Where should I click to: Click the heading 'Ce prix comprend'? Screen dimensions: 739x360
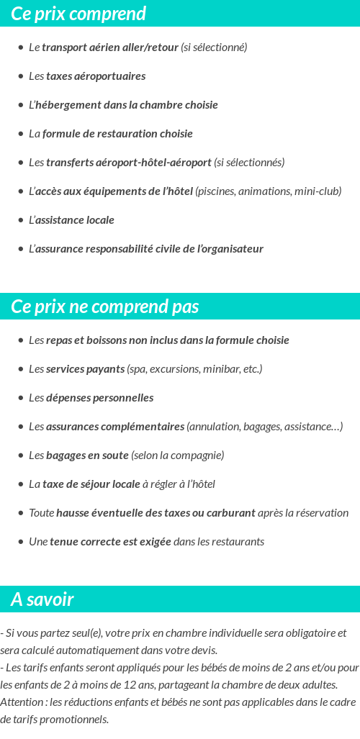[78, 14]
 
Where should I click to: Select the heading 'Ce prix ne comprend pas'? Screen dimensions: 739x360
[104, 307]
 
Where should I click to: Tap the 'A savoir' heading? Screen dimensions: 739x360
[42, 599]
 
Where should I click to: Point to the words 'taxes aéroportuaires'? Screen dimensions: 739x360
[96, 76]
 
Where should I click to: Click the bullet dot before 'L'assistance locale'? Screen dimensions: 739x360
[20, 220]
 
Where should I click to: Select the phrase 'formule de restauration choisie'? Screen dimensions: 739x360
[117, 134]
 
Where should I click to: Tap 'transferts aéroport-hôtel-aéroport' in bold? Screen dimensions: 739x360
[129, 163]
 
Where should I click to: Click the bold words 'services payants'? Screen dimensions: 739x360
[85, 369]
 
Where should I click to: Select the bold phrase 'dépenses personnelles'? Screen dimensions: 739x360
[99, 398]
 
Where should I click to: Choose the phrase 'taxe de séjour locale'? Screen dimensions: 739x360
[91, 484]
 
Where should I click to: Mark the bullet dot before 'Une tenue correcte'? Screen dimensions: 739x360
[20, 542]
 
